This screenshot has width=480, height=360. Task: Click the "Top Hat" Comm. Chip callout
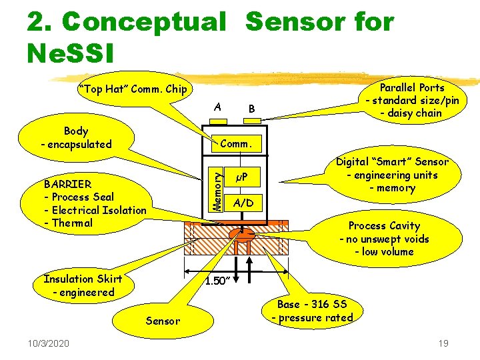click(x=133, y=89)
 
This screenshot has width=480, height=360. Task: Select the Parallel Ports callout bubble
click(x=411, y=100)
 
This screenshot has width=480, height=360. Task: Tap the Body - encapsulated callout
click(x=76, y=138)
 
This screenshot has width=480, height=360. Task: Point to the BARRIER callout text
click(x=94, y=203)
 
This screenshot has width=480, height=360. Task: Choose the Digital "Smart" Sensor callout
click(x=392, y=175)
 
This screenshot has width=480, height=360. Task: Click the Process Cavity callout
click(x=384, y=239)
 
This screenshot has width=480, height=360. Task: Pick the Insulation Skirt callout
click(x=78, y=285)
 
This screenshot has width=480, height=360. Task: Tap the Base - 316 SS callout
click(x=312, y=311)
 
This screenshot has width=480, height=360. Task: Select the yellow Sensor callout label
click(x=163, y=321)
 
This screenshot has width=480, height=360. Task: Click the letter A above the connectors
click(x=218, y=107)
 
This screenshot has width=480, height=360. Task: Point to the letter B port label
click(x=251, y=109)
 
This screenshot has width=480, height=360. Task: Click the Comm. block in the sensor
click(x=235, y=143)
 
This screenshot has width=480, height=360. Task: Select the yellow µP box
click(x=243, y=177)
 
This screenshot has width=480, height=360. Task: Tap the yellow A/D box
click(x=243, y=203)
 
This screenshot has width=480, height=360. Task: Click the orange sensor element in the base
click(x=242, y=235)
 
